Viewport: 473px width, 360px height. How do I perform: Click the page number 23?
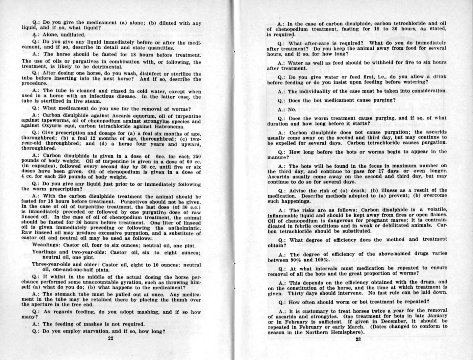pos(358,339)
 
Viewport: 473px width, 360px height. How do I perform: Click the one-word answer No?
pos(292,110)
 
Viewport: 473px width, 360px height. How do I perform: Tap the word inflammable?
pos(283,215)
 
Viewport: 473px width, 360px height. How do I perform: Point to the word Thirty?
pos(297,293)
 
